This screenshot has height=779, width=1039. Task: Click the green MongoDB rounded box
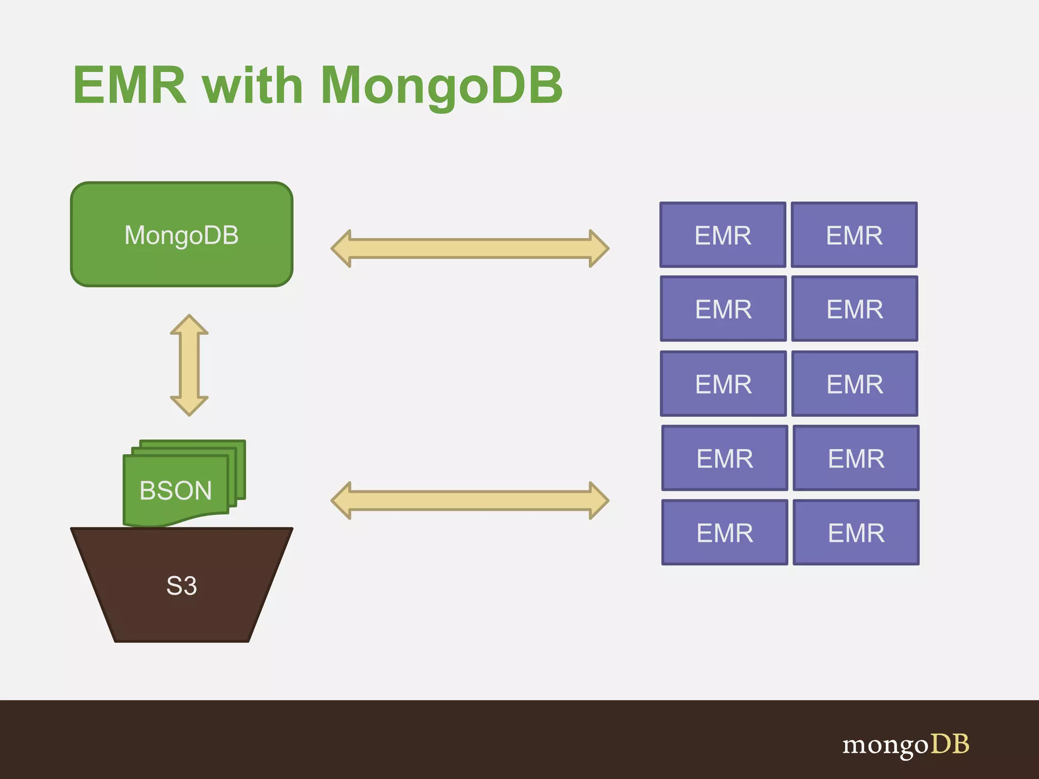(x=182, y=234)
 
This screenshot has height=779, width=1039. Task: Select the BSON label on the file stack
(x=176, y=490)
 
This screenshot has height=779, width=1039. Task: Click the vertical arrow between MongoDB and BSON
(x=189, y=365)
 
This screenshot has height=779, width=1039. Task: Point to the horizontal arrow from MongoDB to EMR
(x=469, y=249)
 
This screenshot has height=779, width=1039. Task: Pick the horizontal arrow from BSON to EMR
(x=469, y=501)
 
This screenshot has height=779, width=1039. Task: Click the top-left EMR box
(x=722, y=235)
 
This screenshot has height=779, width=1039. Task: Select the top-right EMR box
(x=854, y=235)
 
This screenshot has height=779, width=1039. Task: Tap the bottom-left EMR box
(x=724, y=533)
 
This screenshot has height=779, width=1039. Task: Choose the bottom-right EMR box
(x=856, y=533)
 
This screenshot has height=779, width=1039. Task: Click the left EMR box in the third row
(x=723, y=384)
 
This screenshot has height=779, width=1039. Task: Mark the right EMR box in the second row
(x=855, y=309)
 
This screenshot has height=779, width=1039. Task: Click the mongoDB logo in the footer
(x=906, y=745)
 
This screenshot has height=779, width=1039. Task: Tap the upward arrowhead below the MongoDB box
(x=189, y=325)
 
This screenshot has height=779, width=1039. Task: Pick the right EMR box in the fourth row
(x=856, y=458)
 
